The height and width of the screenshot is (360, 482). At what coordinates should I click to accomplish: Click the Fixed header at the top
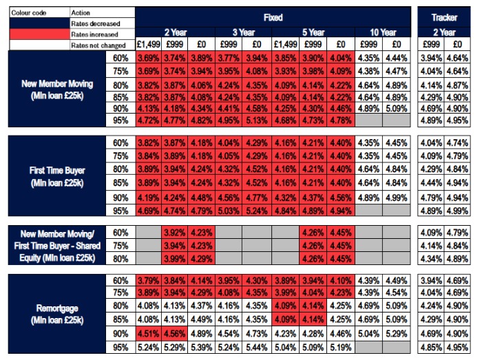click(x=273, y=17)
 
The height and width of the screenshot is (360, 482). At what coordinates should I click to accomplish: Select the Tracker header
click(x=444, y=17)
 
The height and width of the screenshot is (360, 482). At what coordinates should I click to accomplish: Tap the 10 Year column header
click(x=382, y=32)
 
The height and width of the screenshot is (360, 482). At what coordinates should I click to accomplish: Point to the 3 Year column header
click(x=244, y=32)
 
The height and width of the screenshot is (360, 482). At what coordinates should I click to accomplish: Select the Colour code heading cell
click(x=34, y=12)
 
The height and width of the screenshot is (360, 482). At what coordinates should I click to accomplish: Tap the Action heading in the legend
click(x=101, y=12)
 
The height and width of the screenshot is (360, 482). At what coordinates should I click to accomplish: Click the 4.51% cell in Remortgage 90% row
click(x=148, y=334)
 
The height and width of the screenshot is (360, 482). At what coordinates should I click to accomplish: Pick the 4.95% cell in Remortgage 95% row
click(x=457, y=347)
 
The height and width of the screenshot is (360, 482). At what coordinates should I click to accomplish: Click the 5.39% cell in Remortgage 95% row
click(x=202, y=347)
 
